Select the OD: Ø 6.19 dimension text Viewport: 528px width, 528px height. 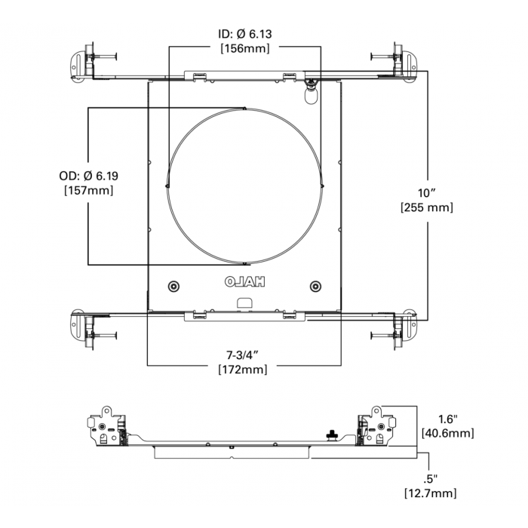(88, 177)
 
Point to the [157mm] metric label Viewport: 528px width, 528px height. (88, 191)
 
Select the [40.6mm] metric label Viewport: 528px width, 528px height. (447, 433)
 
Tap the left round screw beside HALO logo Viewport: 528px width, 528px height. (174, 286)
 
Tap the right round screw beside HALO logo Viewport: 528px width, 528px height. (315, 286)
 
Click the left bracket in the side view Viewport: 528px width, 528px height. (110, 431)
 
